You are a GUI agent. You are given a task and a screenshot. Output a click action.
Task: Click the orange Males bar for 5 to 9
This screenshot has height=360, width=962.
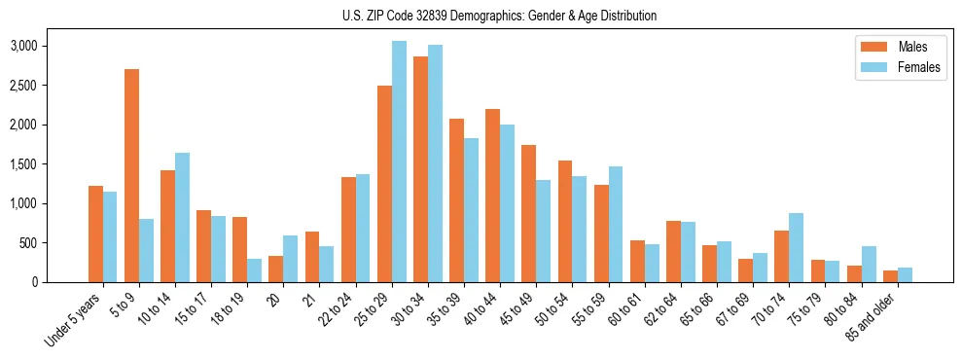[131, 176]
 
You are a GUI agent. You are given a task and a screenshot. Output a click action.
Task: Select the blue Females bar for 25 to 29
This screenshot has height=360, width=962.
[399, 162]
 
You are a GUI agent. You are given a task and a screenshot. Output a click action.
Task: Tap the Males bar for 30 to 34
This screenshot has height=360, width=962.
[420, 169]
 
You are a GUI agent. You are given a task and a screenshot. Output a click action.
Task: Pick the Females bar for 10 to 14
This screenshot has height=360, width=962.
[182, 217]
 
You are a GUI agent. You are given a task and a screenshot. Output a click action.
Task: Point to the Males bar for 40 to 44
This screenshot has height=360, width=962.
[493, 196]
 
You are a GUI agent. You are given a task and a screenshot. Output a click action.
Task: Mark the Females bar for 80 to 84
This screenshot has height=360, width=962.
[869, 264]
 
